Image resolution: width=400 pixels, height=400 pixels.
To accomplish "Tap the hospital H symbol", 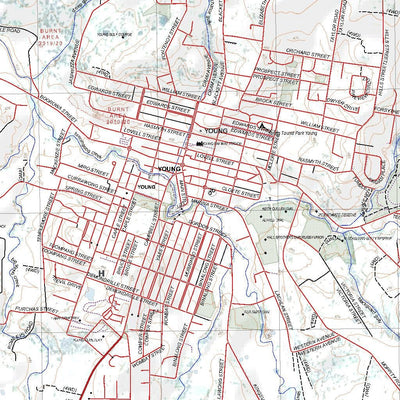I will pyautogui.click(x=100, y=272).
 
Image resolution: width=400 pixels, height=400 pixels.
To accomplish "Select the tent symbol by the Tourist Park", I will pyautogui.click(x=262, y=126).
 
